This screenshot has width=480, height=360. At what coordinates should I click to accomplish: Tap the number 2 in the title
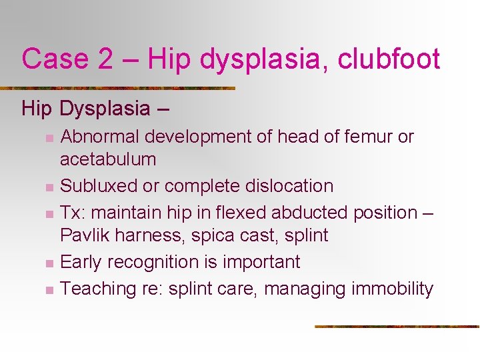point(105,59)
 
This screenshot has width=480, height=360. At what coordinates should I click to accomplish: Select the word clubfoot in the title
point(389,59)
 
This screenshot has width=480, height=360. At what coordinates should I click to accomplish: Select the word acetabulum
point(108,159)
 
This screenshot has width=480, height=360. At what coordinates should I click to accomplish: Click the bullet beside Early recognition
point(49,263)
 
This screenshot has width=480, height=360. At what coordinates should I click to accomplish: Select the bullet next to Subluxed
point(49,187)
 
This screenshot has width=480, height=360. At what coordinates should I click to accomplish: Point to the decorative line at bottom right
point(397,327)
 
